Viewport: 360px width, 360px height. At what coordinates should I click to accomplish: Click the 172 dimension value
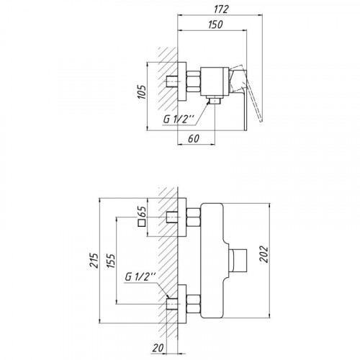point(220,9)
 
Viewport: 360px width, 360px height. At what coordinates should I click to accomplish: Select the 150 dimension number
point(215,24)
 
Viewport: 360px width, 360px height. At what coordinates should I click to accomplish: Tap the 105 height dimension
point(142,92)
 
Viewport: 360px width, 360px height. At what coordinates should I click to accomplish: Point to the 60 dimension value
point(194,139)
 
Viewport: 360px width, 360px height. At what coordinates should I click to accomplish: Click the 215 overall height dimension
point(94,260)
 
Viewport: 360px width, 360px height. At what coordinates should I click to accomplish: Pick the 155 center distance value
point(111,261)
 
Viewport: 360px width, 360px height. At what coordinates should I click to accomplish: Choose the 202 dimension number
point(264,254)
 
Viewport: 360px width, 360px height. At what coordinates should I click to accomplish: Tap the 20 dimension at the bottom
point(158,348)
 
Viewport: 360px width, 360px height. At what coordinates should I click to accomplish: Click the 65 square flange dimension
point(142,211)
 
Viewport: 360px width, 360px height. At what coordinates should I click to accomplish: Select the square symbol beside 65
point(142,223)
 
